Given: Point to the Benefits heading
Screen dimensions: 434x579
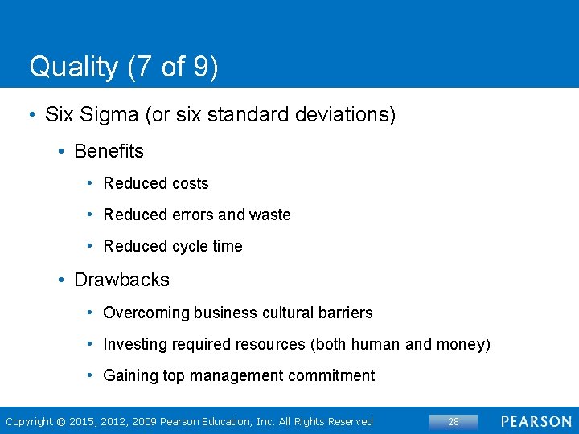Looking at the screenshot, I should (x=109, y=151).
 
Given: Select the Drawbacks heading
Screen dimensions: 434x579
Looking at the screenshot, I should (x=121, y=280).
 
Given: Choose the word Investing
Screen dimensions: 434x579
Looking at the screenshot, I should (x=136, y=344).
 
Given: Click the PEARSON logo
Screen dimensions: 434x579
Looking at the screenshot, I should (x=536, y=421).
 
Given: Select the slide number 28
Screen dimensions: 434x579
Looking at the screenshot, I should (x=454, y=421).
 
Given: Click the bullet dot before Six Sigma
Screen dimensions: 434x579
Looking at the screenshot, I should (x=31, y=115).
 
